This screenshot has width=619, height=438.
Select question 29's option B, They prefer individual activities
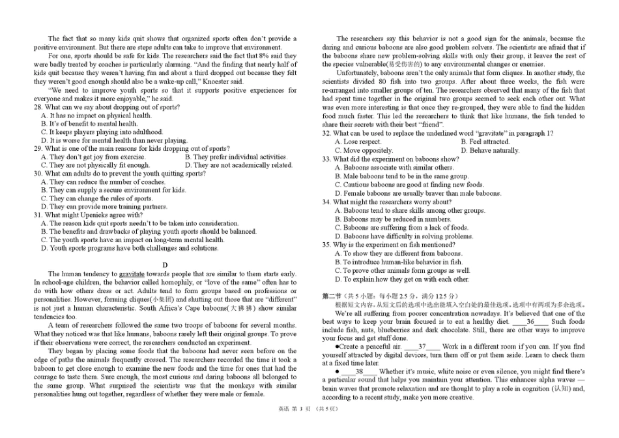point(236,157)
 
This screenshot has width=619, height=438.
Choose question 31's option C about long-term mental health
point(132,240)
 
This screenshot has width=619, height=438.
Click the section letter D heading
point(165,264)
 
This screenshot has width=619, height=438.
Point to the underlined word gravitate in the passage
point(132,274)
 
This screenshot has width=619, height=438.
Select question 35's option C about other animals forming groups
point(402,270)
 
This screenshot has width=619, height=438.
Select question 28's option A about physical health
point(96,116)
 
